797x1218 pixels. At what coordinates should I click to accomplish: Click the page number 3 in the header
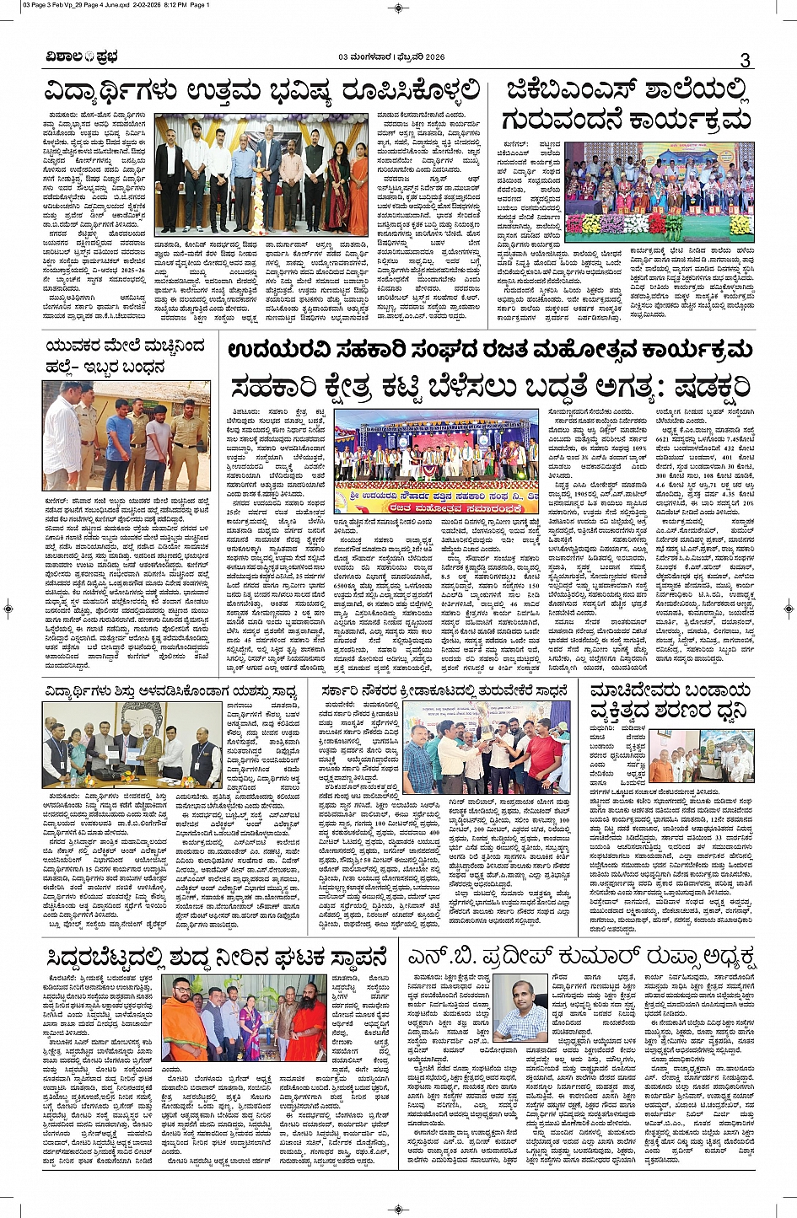pyautogui.click(x=745, y=60)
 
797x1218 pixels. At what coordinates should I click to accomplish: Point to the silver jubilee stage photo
pyautogui.click(x=436, y=461)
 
